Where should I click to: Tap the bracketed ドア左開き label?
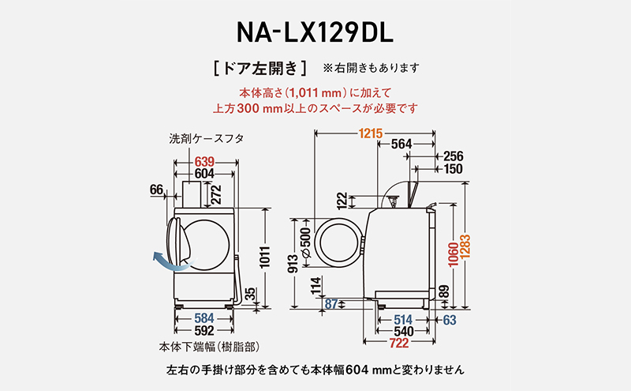259,68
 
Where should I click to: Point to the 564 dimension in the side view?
401,144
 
